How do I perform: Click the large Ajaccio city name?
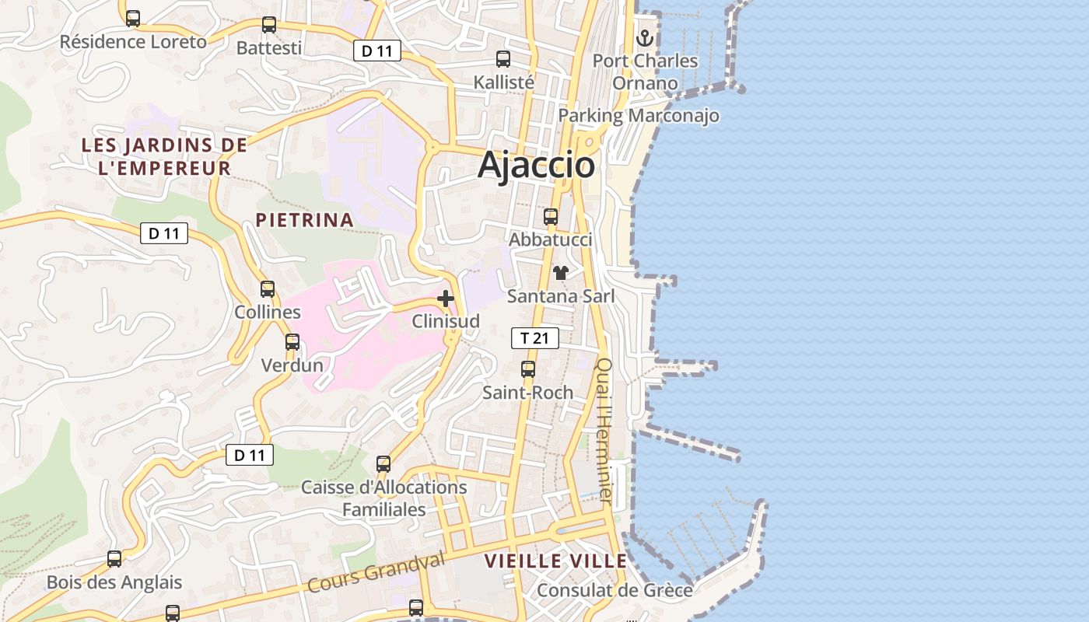point(537,165)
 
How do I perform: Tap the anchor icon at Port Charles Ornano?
point(645,37)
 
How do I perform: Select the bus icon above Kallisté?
point(503,58)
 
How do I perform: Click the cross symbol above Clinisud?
point(446,299)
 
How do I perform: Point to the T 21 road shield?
point(534,338)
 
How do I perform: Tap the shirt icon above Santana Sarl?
point(560,273)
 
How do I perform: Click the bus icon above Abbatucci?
point(551,217)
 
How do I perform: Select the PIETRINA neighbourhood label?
point(305,220)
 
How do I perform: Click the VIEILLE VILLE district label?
point(555,561)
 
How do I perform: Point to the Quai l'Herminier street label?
point(605,428)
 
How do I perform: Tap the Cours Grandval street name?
point(376,572)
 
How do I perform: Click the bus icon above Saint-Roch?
point(528,369)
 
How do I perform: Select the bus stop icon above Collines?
point(268,289)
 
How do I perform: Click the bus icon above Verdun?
point(292,342)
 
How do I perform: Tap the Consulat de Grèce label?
point(615,591)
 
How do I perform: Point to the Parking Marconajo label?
point(639,116)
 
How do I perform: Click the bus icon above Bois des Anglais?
point(114,559)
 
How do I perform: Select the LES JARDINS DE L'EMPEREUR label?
point(164,156)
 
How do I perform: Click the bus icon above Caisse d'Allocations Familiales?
point(383,464)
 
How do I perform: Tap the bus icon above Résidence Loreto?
point(133,19)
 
